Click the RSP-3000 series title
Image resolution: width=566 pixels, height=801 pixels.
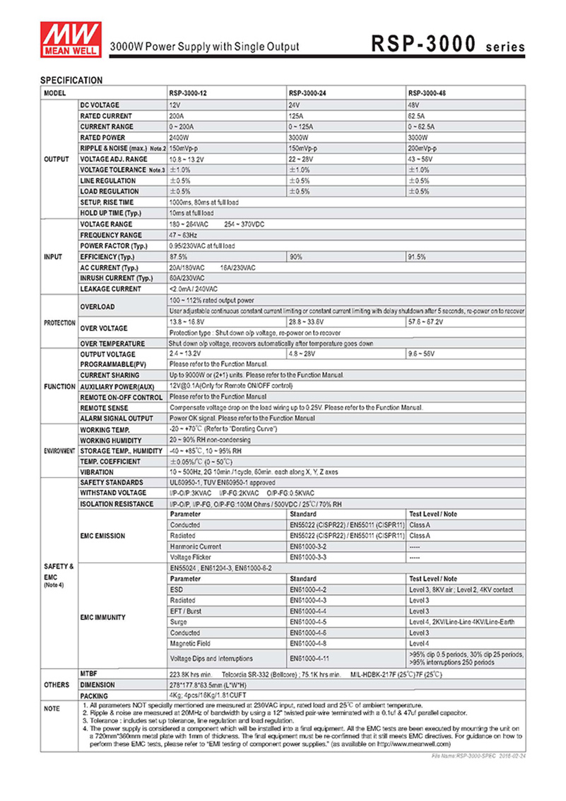click(449, 45)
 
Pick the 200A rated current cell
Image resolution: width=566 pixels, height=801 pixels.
click(176, 116)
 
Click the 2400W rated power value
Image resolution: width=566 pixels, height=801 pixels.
click(179, 137)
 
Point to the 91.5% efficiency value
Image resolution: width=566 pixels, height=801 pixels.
click(417, 257)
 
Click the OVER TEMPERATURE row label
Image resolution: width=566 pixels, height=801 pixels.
click(113, 343)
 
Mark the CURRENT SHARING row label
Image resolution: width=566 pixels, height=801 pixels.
click(110, 375)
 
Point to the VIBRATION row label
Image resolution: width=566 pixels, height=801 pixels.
click(97, 472)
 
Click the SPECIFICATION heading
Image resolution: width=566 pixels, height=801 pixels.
click(71, 81)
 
